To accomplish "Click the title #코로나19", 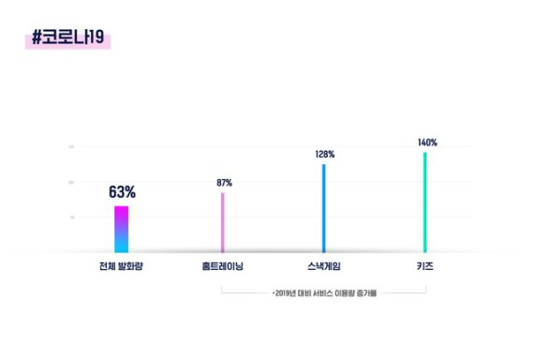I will click(70, 39).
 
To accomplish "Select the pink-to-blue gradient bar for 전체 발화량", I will click(122, 229).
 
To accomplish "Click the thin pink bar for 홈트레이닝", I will click(223, 222).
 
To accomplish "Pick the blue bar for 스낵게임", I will click(324, 208).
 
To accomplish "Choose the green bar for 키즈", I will click(425, 202).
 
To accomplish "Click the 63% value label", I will click(122, 192).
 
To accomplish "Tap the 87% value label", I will click(223, 183).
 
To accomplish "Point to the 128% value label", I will click(324, 154).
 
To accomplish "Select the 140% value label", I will click(427, 142).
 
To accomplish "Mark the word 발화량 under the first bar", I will click(133, 266).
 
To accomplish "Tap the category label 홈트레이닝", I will click(223, 266).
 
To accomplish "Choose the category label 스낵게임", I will click(324, 266).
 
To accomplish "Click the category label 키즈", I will click(425, 266).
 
